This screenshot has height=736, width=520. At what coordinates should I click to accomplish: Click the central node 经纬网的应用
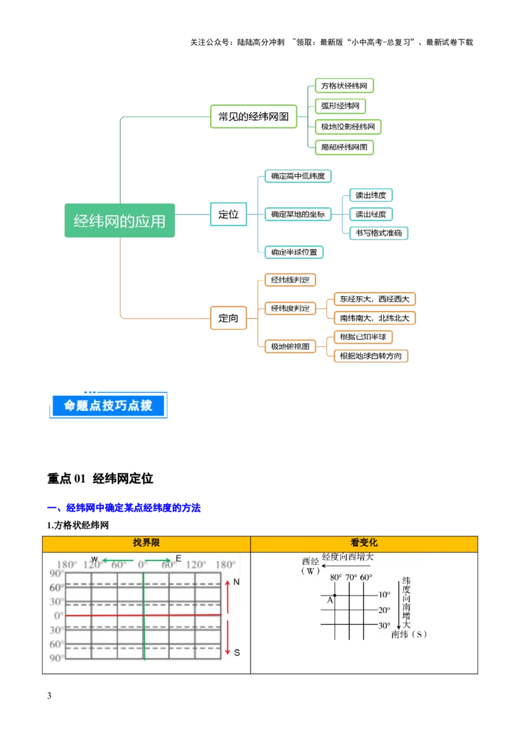120,221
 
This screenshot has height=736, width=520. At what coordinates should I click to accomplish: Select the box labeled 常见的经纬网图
253,118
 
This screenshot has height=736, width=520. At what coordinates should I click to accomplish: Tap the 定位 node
228,214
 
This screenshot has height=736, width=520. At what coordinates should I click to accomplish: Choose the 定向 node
228,319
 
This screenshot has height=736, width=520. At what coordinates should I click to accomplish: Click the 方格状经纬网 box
344,86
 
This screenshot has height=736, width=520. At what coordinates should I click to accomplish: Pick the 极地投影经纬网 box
348,126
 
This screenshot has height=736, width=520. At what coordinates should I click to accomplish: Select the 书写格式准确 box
379,233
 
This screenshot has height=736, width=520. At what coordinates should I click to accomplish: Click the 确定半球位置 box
294,252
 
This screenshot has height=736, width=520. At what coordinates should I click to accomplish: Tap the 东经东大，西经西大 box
374,299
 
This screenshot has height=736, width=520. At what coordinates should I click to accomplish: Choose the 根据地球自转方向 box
370,356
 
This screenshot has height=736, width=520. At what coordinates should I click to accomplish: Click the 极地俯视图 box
290,347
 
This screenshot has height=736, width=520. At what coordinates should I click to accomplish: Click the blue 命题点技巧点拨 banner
108,406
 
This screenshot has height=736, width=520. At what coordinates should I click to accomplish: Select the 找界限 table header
146,543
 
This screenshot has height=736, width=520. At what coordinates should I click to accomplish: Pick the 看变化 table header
364,543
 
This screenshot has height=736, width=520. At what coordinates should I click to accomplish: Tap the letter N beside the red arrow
237,583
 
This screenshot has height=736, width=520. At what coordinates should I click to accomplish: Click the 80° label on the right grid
335,577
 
